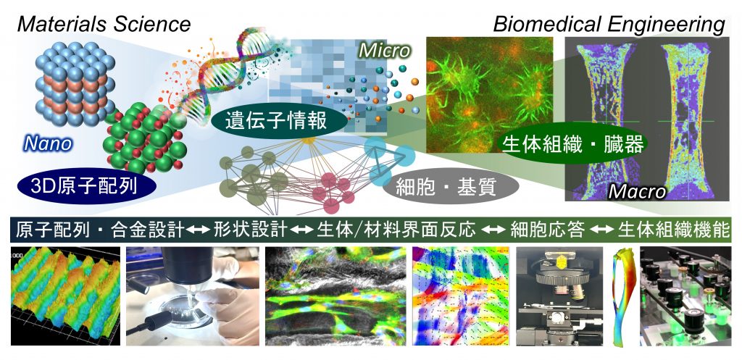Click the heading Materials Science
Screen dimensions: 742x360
[104, 23]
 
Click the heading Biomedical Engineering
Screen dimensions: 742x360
[609, 24]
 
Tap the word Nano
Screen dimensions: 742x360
[47, 143]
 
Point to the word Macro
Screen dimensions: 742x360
[637, 191]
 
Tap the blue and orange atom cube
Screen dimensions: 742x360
[75, 84]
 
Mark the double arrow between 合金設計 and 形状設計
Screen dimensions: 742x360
[198, 230]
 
